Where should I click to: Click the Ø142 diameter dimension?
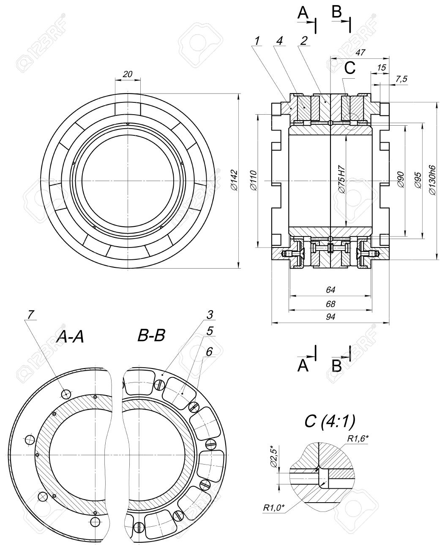(234, 180)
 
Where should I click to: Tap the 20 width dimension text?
(128, 74)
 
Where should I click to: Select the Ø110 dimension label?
(254, 181)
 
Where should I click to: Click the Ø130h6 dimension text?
(431, 179)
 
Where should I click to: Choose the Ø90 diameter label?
(401, 180)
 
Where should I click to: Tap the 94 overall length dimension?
(330, 317)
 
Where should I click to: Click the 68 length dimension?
(330, 304)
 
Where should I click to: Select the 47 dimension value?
(360, 52)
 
